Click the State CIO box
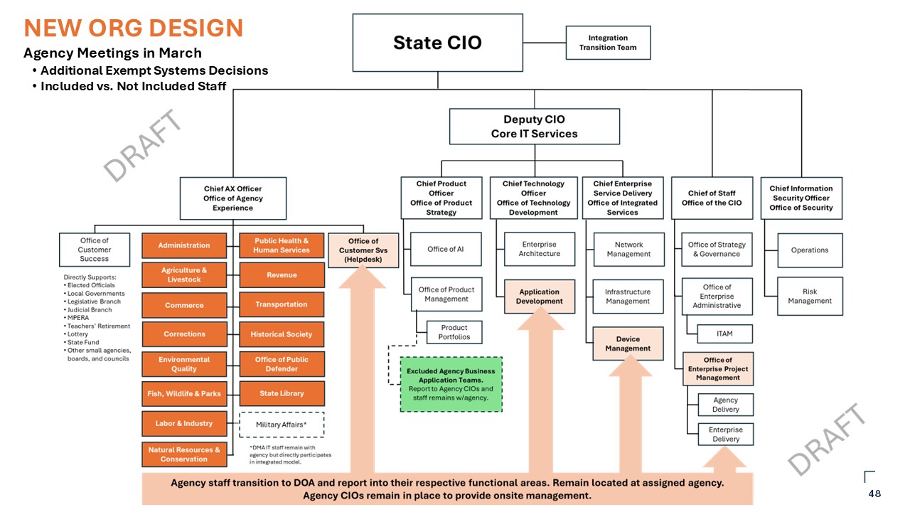437,43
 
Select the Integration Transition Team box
608,43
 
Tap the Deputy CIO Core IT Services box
534,127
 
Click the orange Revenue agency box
282,275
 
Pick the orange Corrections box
184,334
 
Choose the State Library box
282,393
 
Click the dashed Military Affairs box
282,425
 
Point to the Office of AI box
446,250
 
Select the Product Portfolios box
454,332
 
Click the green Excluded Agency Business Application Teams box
451,384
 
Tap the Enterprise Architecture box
539,250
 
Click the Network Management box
628,250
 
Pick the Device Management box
628,343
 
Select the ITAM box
724,334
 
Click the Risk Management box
809,296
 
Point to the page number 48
874,494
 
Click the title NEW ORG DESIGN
134,28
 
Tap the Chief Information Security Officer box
801,198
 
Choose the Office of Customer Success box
95,250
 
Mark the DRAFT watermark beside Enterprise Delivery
828,438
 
